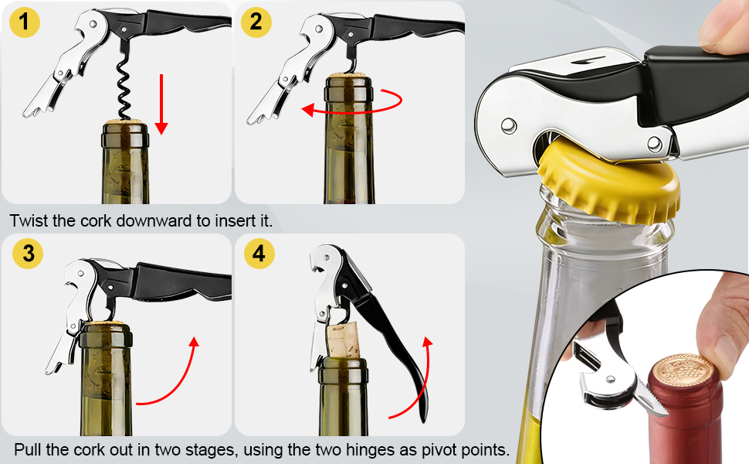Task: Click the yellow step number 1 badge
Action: (x=25, y=22)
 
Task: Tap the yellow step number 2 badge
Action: (x=256, y=22)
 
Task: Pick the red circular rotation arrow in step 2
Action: (x=352, y=103)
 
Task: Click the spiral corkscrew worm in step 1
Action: (x=121, y=85)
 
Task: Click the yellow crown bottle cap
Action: (x=610, y=184)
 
